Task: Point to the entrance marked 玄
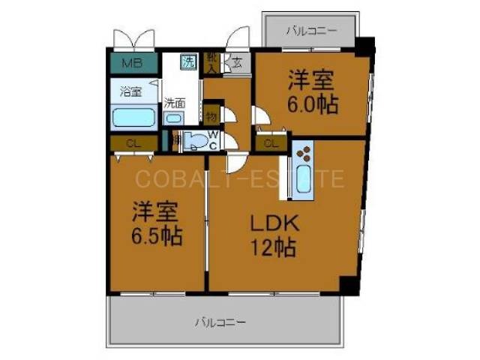[x=236, y=64]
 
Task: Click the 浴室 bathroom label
[x=131, y=93]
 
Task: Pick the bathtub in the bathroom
[x=133, y=118]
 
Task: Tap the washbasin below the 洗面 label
[x=175, y=118]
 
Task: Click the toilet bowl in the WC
[x=196, y=141]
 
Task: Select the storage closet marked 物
[x=211, y=116]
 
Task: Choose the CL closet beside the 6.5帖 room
[x=132, y=142]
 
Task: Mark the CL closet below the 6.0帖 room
[x=270, y=142]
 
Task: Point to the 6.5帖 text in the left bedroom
[x=156, y=237]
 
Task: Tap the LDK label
[x=268, y=222]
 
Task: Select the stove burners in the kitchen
[x=305, y=154]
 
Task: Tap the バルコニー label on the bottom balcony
[x=220, y=322]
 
